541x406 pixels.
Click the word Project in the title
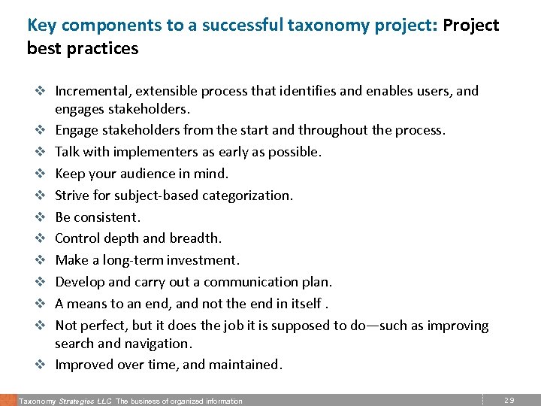click(x=470, y=25)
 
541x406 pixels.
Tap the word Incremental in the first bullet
click(x=92, y=91)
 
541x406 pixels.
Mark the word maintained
click(x=244, y=365)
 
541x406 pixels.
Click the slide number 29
click(x=509, y=400)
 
